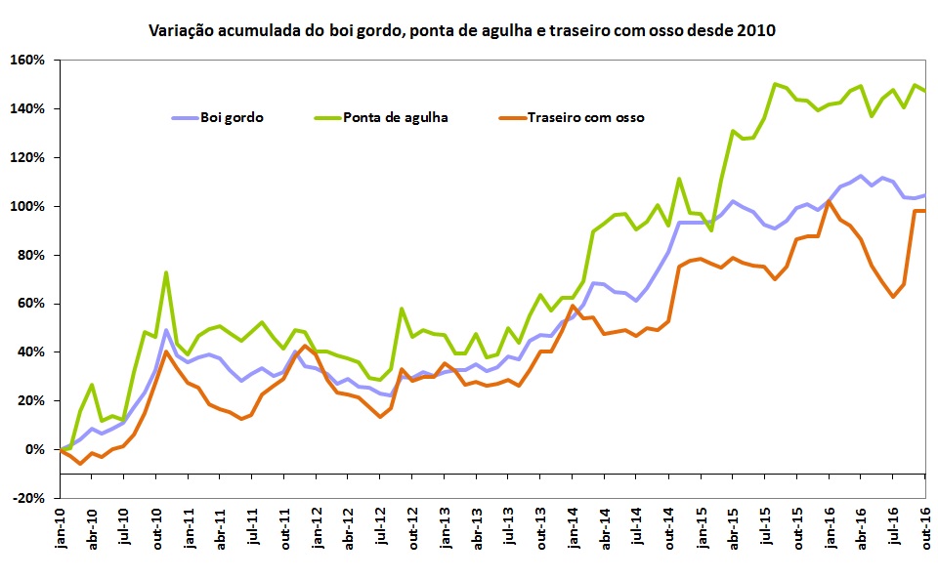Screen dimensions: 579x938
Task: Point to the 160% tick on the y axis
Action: pyautogui.click(x=29, y=60)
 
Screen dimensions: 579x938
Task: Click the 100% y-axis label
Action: pyautogui.click(x=29, y=206)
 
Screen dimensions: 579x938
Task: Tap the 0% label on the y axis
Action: pyautogui.click(x=35, y=449)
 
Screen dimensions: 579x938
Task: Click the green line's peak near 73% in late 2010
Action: pyautogui.click(x=166, y=272)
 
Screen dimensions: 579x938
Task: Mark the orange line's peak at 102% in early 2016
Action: pyautogui.click(x=830, y=201)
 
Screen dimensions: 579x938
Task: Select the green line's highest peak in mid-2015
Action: pyautogui.click(x=776, y=84)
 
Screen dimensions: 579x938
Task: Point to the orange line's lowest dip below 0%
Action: pyautogui.click(x=80, y=463)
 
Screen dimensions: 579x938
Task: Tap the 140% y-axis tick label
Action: pyautogui.click(x=29, y=108)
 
